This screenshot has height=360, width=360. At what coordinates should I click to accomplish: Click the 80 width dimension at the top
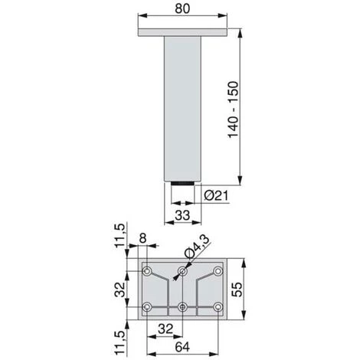click(x=182, y=9)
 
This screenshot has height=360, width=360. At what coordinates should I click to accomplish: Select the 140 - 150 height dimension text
click(x=233, y=110)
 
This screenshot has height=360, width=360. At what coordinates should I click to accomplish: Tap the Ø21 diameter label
click(x=216, y=196)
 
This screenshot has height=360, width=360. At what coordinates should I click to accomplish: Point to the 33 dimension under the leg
click(x=182, y=215)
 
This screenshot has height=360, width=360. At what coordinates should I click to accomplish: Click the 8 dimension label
click(x=143, y=238)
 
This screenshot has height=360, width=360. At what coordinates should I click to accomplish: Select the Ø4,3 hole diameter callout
click(x=197, y=247)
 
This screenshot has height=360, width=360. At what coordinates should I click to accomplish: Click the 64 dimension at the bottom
click(x=182, y=347)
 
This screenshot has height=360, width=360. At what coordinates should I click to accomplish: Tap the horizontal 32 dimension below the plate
click(x=165, y=329)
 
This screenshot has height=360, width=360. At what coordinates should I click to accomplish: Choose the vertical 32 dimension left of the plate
click(x=119, y=290)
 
